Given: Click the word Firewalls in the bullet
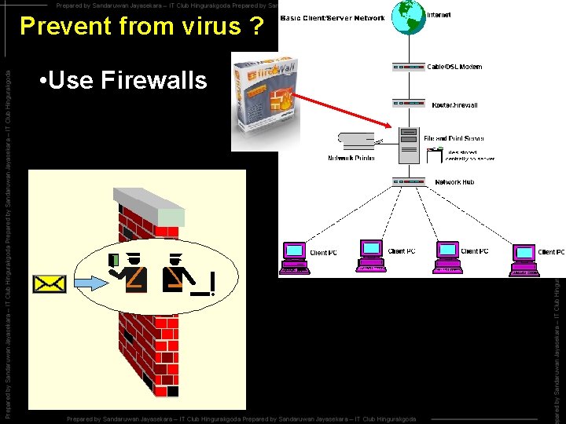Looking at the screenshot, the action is point(153,80).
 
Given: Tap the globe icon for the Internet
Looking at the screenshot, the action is point(406,16).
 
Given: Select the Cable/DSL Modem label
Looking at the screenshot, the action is point(455,67).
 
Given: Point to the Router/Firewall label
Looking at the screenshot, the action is point(454,104).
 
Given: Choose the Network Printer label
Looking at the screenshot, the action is point(351,158).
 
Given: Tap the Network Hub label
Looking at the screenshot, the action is point(454,182).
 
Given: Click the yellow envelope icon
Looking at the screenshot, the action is point(49,283).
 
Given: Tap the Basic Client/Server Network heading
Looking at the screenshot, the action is point(333,17).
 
